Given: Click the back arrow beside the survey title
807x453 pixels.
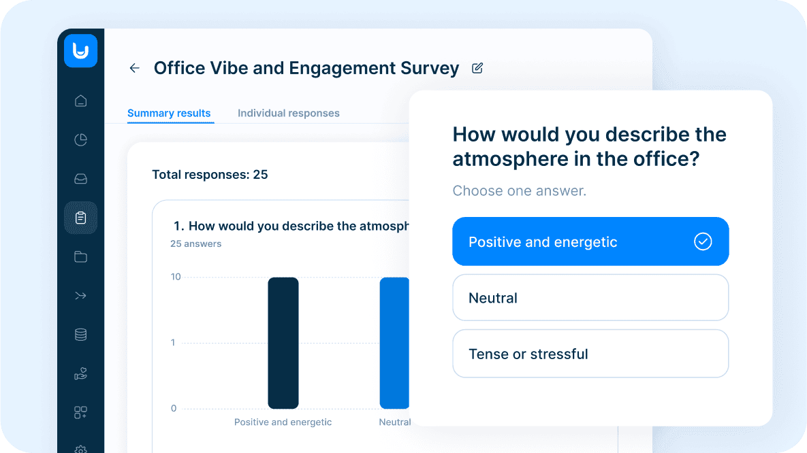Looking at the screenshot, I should pos(134,68).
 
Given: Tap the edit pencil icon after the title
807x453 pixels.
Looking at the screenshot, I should pos(477,68).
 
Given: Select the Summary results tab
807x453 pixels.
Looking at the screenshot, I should pos(169,114).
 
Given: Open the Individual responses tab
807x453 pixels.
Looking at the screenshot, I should pos(288,114).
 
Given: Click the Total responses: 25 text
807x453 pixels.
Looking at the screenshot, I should pos(210,175).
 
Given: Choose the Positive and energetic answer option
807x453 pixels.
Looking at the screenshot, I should pos(590,241).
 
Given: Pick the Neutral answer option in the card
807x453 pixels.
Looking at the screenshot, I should pos(590,298).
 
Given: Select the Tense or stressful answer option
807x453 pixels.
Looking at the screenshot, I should pos(590,354).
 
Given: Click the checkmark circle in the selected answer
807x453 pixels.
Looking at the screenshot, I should pos(702,241).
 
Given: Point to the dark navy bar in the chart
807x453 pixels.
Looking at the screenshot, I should pos(283,343).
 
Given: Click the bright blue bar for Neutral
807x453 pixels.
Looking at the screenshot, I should pos(394,343).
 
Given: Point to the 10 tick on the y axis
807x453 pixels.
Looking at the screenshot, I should pos(176,277).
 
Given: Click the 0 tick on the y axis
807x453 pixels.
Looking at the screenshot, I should pos(174,409).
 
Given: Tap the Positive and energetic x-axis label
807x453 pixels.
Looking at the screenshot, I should pos(283,422).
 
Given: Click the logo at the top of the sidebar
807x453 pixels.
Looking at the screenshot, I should pos(80,51).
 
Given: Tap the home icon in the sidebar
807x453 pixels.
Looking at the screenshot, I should pos(80,101).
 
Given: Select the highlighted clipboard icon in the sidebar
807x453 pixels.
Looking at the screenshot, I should pos(80,218).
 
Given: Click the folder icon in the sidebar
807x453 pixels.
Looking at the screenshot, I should pos(80,256).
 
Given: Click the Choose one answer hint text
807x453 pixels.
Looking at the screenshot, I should pos(519,191).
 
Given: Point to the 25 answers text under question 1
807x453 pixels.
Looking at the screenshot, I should pos(195,244).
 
